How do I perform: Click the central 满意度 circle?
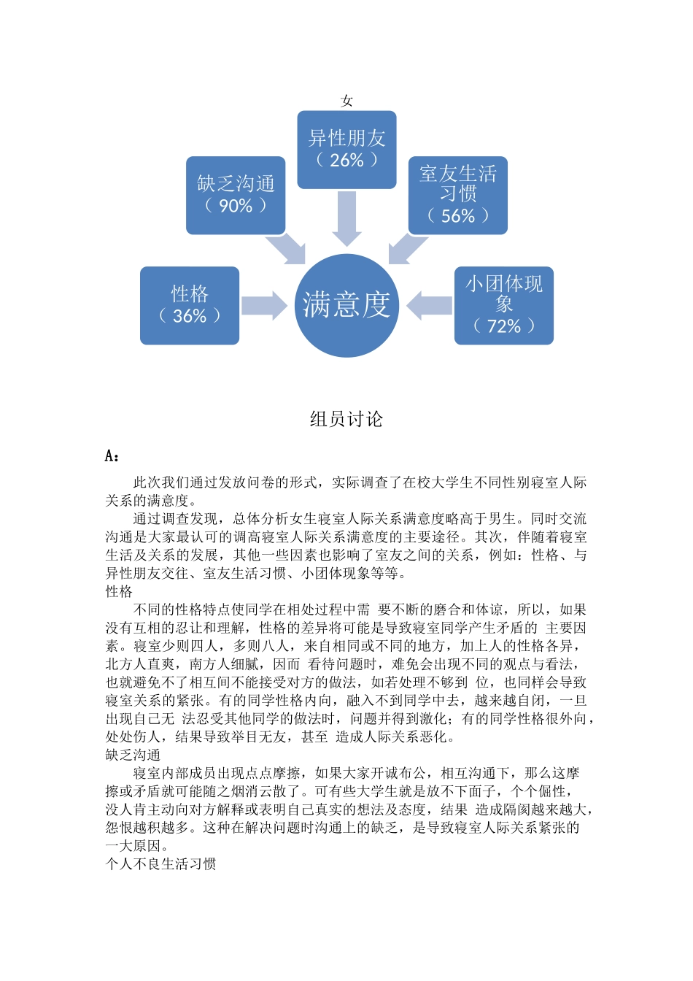tap(346, 305)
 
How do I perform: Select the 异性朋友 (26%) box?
tap(346, 150)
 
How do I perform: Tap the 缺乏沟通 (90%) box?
tap(236, 195)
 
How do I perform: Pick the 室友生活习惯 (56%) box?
tap(457, 195)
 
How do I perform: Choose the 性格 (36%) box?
tap(190, 305)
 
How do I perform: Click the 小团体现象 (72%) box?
tap(503, 305)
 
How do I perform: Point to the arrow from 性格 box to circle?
tap(264, 305)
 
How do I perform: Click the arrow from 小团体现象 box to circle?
tap(430, 305)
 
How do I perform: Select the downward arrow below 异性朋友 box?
tap(346, 218)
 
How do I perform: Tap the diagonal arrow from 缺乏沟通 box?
tap(287, 249)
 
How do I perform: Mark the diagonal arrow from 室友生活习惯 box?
tap(407, 249)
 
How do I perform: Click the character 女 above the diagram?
tap(346, 101)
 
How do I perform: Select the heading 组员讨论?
tap(346, 419)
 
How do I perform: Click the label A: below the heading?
tap(112, 456)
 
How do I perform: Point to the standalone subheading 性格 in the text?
tap(119, 591)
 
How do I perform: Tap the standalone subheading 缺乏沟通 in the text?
tap(133, 755)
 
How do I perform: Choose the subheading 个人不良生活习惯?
tap(160, 864)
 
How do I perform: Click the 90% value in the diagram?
tap(236, 207)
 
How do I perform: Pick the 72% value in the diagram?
tap(504, 326)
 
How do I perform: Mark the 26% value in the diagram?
tap(346, 161)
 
